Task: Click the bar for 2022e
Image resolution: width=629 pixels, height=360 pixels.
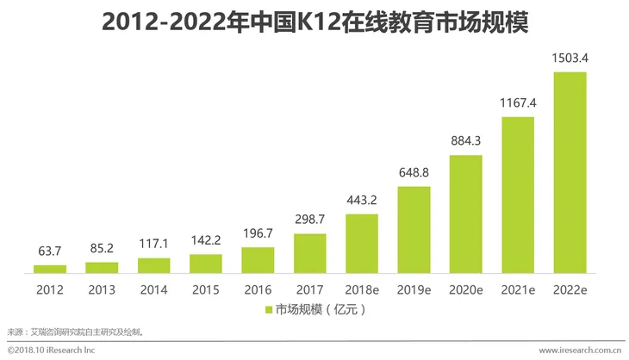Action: click(x=570, y=172)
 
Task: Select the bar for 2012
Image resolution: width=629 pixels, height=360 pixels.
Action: click(x=50, y=269)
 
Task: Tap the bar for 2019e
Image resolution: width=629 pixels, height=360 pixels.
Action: click(x=414, y=229)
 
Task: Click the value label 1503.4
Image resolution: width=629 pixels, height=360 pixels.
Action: click(x=570, y=59)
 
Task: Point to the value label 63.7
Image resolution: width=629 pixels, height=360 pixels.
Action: click(x=50, y=251)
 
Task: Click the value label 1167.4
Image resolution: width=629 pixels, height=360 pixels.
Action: click(x=518, y=103)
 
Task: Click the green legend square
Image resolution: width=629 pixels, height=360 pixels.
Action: click(x=267, y=308)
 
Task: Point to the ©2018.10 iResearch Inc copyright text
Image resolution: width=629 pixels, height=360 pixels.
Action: click(x=51, y=351)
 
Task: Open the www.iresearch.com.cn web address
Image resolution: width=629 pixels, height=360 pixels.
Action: click(x=580, y=351)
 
